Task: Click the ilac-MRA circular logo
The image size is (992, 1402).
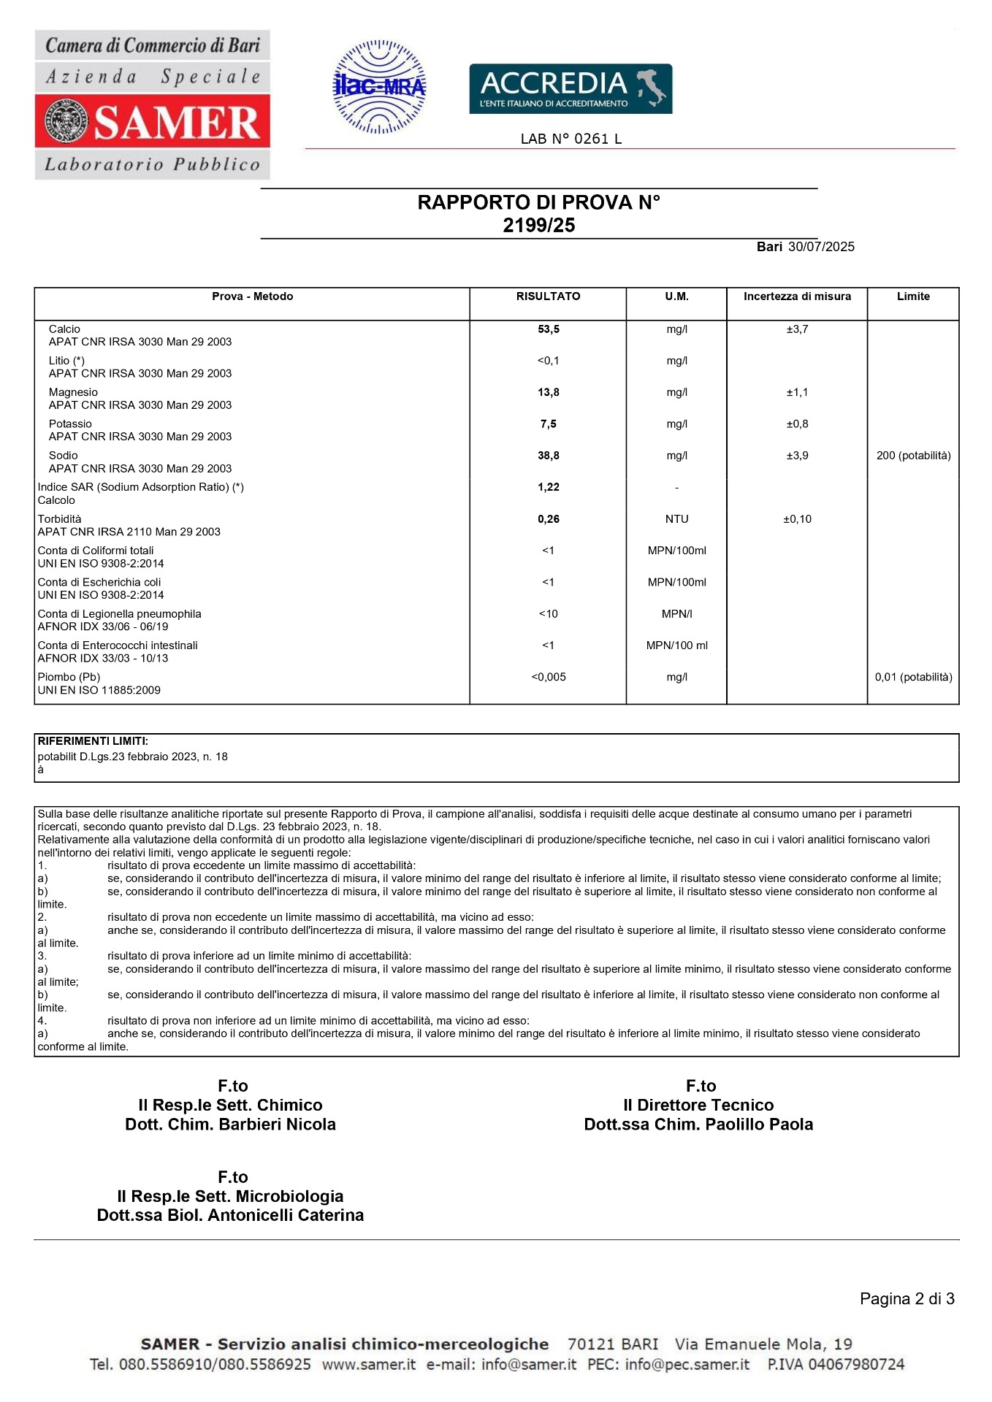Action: (x=379, y=87)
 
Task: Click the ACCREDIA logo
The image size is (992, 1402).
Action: (x=570, y=89)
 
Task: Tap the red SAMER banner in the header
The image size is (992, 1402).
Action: (x=153, y=121)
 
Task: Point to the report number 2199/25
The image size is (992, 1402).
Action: (x=538, y=226)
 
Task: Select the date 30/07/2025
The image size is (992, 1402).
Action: (x=821, y=247)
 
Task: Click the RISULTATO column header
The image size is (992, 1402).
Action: (x=548, y=296)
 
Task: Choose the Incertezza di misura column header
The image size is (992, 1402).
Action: (x=797, y=296)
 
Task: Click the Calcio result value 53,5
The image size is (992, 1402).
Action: (x=549, y=329)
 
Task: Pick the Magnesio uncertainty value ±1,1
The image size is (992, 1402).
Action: (x=797, y=393)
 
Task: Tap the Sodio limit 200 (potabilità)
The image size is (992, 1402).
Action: (x=913, y=456)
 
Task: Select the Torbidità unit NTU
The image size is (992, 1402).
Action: (x=676, y=519)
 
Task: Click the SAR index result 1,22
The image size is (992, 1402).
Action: (x=549, y=487)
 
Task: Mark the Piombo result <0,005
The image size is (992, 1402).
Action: (x=549, y=677)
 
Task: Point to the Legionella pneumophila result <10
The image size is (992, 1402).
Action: (x=549, y=614)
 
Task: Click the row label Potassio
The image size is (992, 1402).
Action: (x=70, y=424)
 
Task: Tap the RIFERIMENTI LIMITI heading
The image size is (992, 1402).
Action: (x=93, y=741)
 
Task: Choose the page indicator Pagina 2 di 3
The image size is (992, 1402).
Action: (x=907, y=1299)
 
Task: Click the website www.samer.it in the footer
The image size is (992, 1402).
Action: (x=369, y=1364)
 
